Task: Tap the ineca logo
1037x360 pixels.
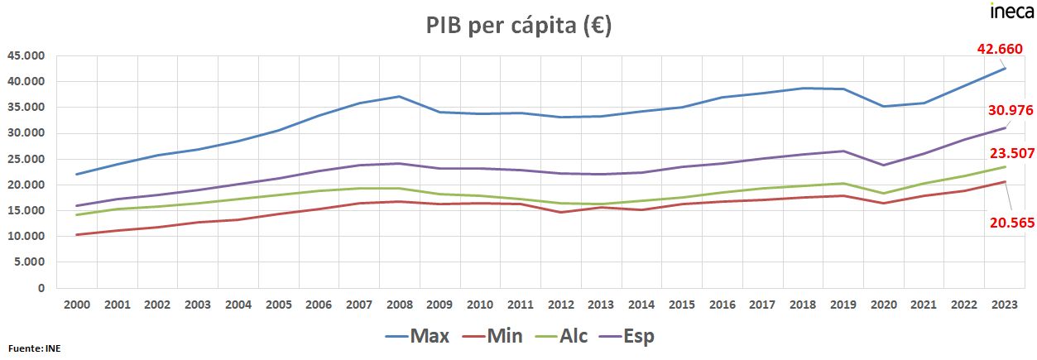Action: click(x=1011, y=11)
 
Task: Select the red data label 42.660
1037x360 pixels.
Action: click(x=1000, y=50)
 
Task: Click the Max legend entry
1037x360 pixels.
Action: click(x=418, y=336)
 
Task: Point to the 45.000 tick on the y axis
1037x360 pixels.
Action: click(x=26, y=56)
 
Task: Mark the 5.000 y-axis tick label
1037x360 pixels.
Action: click(x=31, y=262)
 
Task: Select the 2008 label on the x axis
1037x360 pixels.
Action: click(x=399, y=305)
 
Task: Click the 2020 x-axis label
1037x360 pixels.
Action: click(x=885, y=305)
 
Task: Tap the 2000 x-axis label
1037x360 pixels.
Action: click(x=76, y=305)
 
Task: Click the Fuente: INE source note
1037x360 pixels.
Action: click(x=34, y=348)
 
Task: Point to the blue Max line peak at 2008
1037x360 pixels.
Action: click(x=399, y=96)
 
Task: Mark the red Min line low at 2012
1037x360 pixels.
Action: click(x=561, y=212)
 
